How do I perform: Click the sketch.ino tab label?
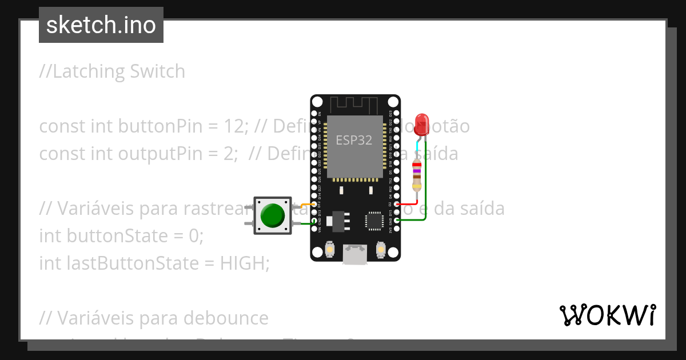(101, 25)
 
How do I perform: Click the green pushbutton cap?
(273, 215)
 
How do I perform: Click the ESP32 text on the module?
(354, 141)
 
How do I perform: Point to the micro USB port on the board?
(355, 254)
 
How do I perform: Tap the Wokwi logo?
(607, 315)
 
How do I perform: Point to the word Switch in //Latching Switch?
(157, 71)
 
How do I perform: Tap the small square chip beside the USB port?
(375, 220)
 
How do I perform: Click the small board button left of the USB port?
(329, 249)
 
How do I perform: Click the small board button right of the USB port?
(381, 249)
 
